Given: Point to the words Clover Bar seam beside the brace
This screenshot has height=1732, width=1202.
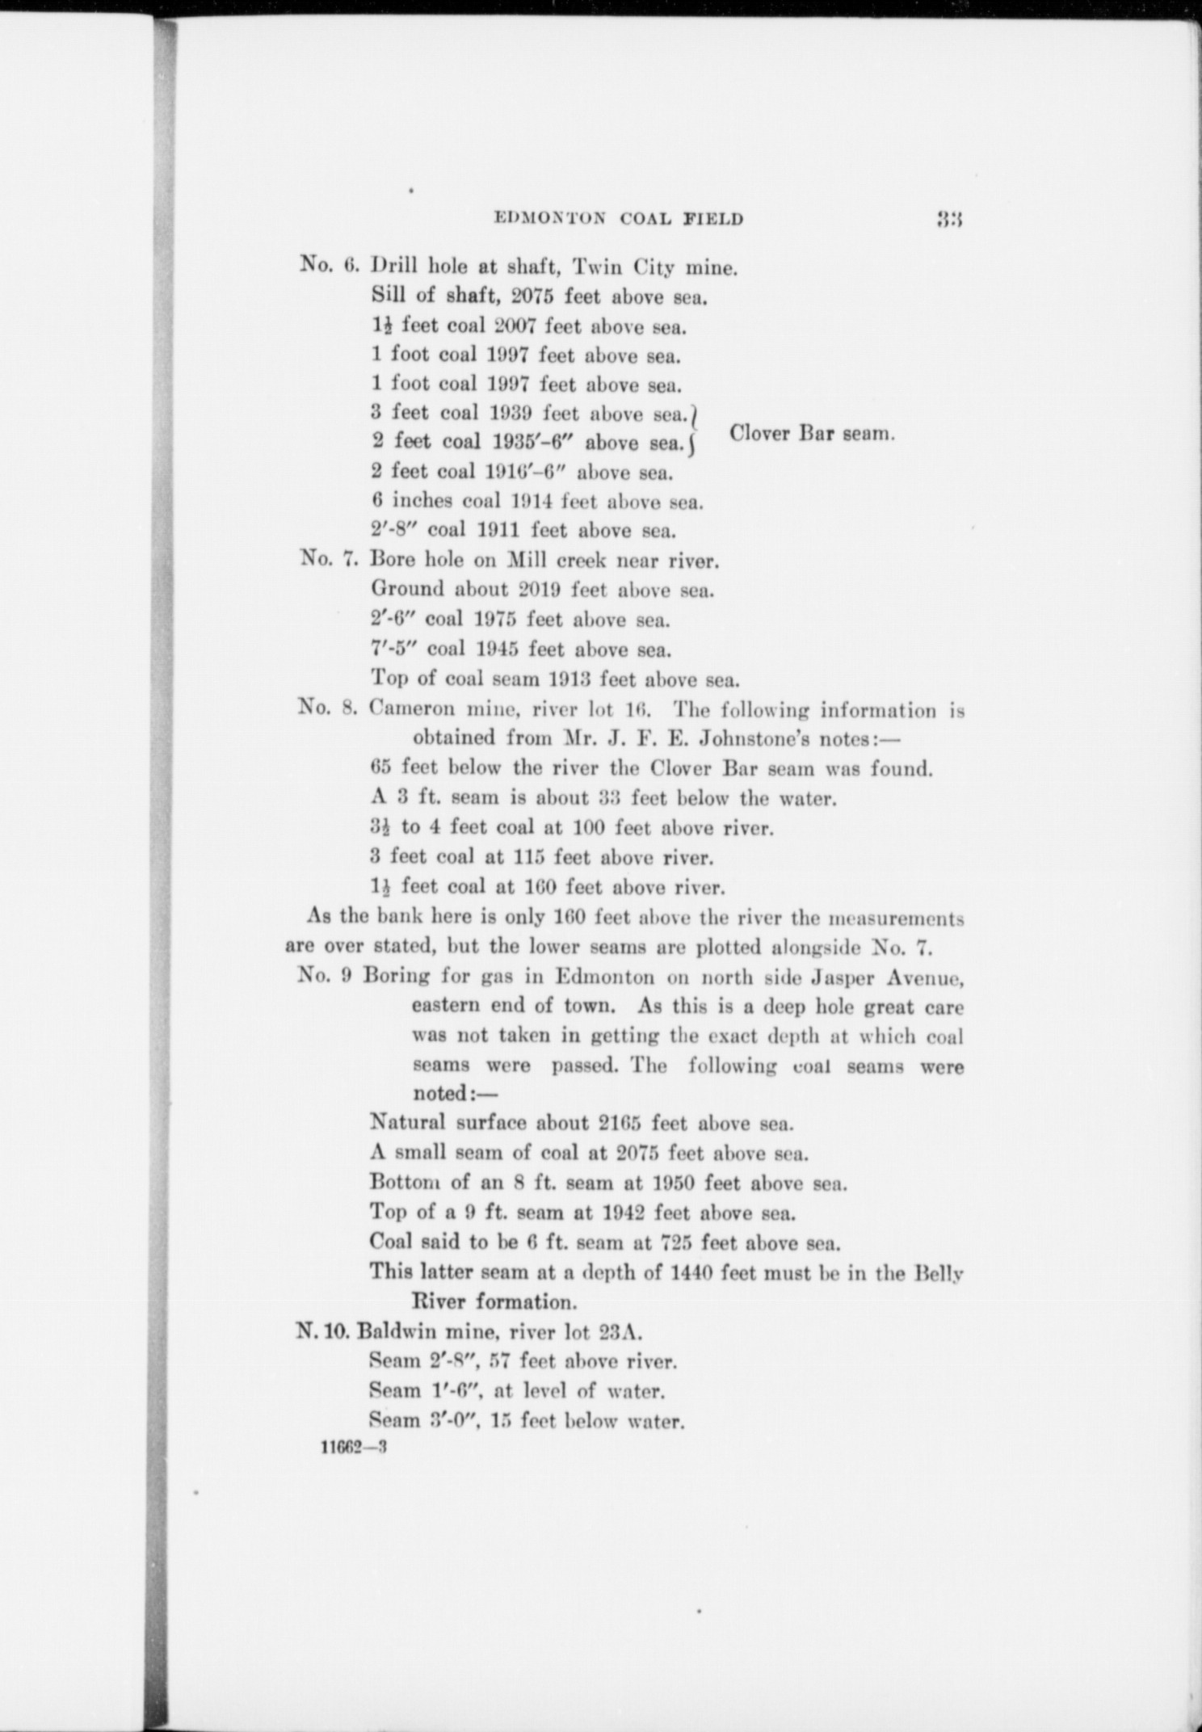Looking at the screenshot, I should tap(812, 433).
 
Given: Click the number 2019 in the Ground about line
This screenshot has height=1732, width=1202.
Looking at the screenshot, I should tap(540, 590).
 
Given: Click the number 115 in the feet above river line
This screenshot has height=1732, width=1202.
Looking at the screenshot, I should tap(527, 856).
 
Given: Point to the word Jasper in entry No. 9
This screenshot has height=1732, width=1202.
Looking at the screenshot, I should tap(834, 977).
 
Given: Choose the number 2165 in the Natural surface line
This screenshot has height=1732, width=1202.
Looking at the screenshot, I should tap(620, 1123).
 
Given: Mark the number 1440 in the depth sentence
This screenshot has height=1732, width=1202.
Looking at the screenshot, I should tap(691, 1272).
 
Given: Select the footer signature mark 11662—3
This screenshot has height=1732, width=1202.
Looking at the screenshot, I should tap(355, 1448).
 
